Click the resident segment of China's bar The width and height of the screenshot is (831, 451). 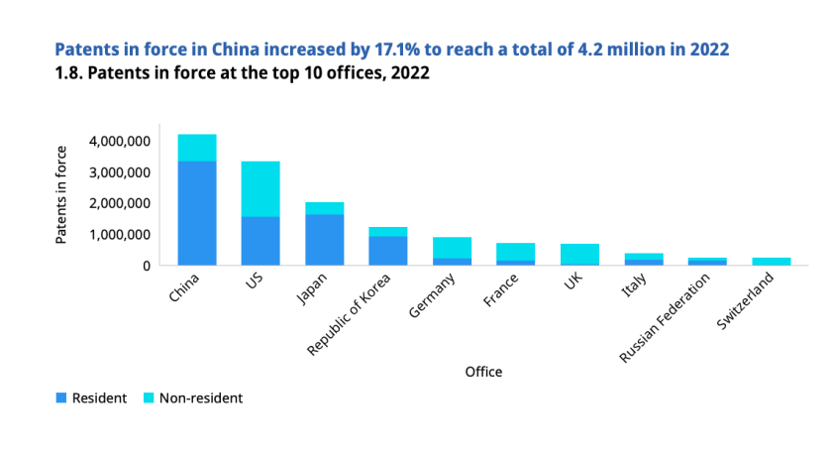coord(197,213)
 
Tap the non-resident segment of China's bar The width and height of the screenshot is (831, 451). coord(197,148)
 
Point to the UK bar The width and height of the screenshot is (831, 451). coord(579,255)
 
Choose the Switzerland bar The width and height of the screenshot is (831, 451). coord(772,262)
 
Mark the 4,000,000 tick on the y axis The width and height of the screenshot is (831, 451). coord(119,142)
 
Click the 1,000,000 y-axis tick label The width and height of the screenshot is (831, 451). coord(119,235)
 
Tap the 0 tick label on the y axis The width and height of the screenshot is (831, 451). coord(146,266)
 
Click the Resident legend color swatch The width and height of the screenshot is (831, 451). coord(60,398)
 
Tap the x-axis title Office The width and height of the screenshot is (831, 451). coord(483,373)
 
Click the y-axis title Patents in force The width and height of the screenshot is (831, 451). coord(61,194)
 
